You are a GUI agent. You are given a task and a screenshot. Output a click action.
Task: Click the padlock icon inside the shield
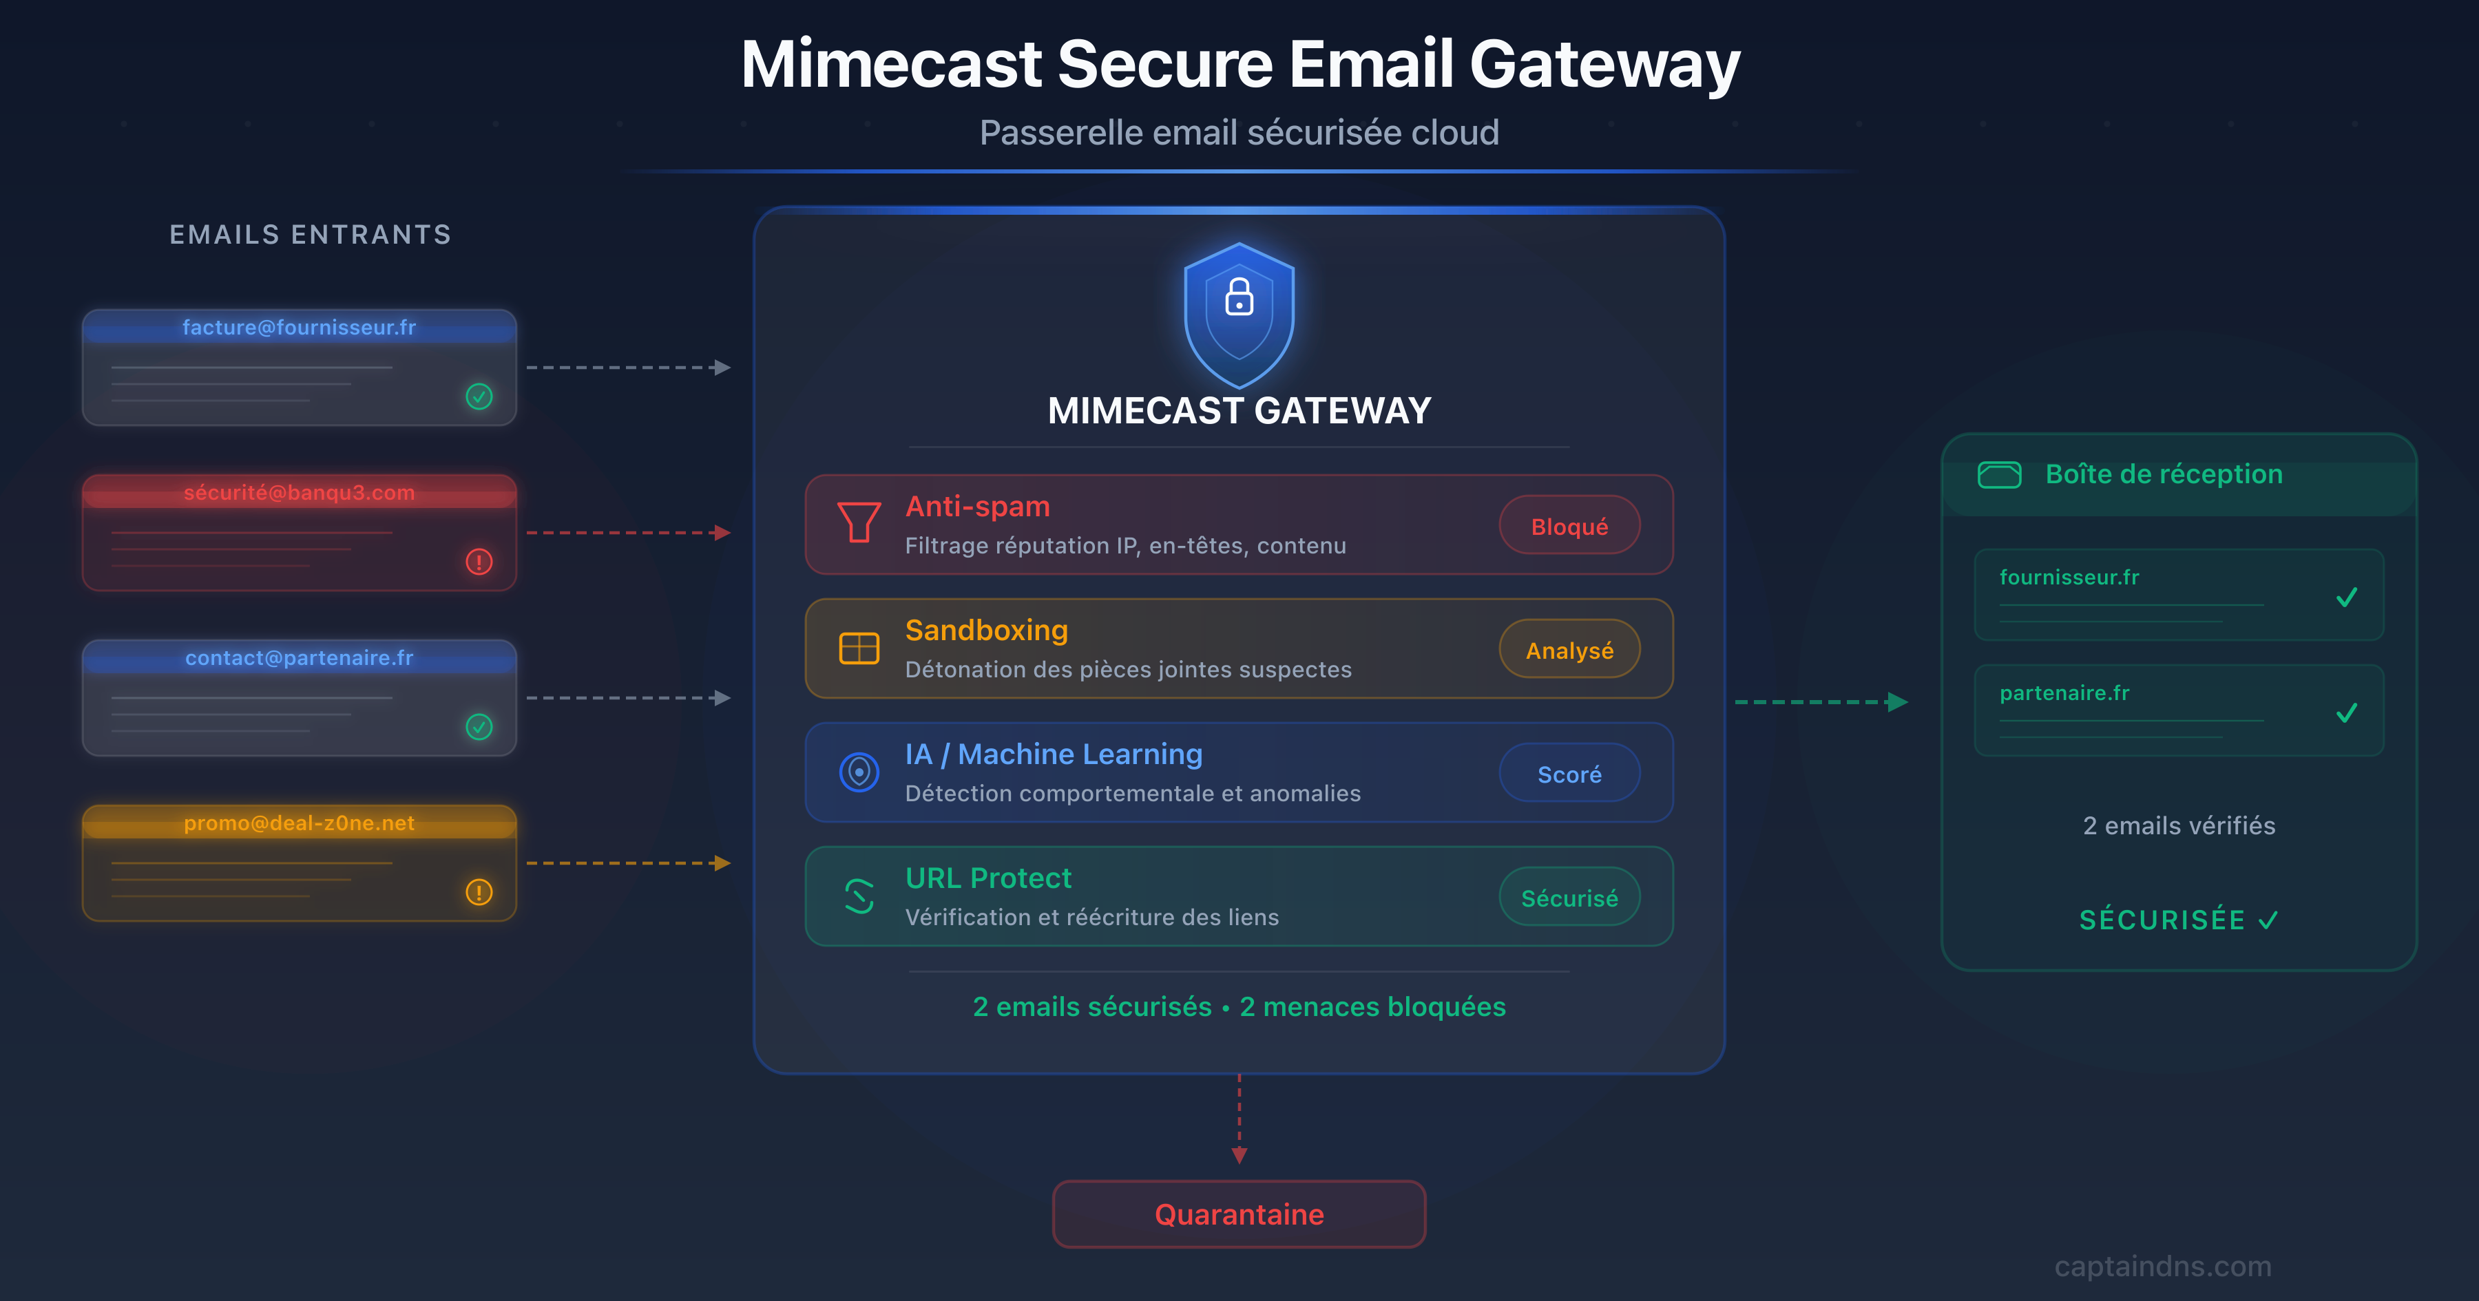tap(1239, 297)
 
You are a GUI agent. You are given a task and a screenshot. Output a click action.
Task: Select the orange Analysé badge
tap(1569, 650)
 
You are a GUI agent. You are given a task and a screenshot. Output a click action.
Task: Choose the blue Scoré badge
tap(1569, 774)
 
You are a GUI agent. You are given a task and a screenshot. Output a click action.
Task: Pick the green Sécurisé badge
tap(1569, 897)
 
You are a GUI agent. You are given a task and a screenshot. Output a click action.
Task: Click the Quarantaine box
tap(1239, 1214)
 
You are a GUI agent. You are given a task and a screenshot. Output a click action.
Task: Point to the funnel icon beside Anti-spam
tap(859, 522)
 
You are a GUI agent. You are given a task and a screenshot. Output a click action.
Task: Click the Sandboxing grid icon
tap(859, 648)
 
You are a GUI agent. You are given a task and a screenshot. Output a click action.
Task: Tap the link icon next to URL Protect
tap(859, 896)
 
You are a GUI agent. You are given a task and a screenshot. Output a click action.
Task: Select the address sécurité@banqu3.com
tap(300, 493)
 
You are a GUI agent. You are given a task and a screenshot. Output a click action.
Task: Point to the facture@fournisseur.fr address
tap(300, 327)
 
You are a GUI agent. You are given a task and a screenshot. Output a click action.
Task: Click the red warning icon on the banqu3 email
tap(479, 562)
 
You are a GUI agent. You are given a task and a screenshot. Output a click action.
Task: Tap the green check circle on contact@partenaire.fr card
tap(479, 726)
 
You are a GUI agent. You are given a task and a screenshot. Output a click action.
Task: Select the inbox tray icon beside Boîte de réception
tap(1999, 474)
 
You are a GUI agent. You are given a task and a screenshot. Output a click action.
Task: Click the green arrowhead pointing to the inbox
tap(1897, 702)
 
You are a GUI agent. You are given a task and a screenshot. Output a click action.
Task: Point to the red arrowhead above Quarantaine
tap(1239, 1155)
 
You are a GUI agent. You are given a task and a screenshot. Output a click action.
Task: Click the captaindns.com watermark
tap(2162, 1267)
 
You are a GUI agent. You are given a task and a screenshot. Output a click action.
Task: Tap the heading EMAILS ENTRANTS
tap(310, 235)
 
